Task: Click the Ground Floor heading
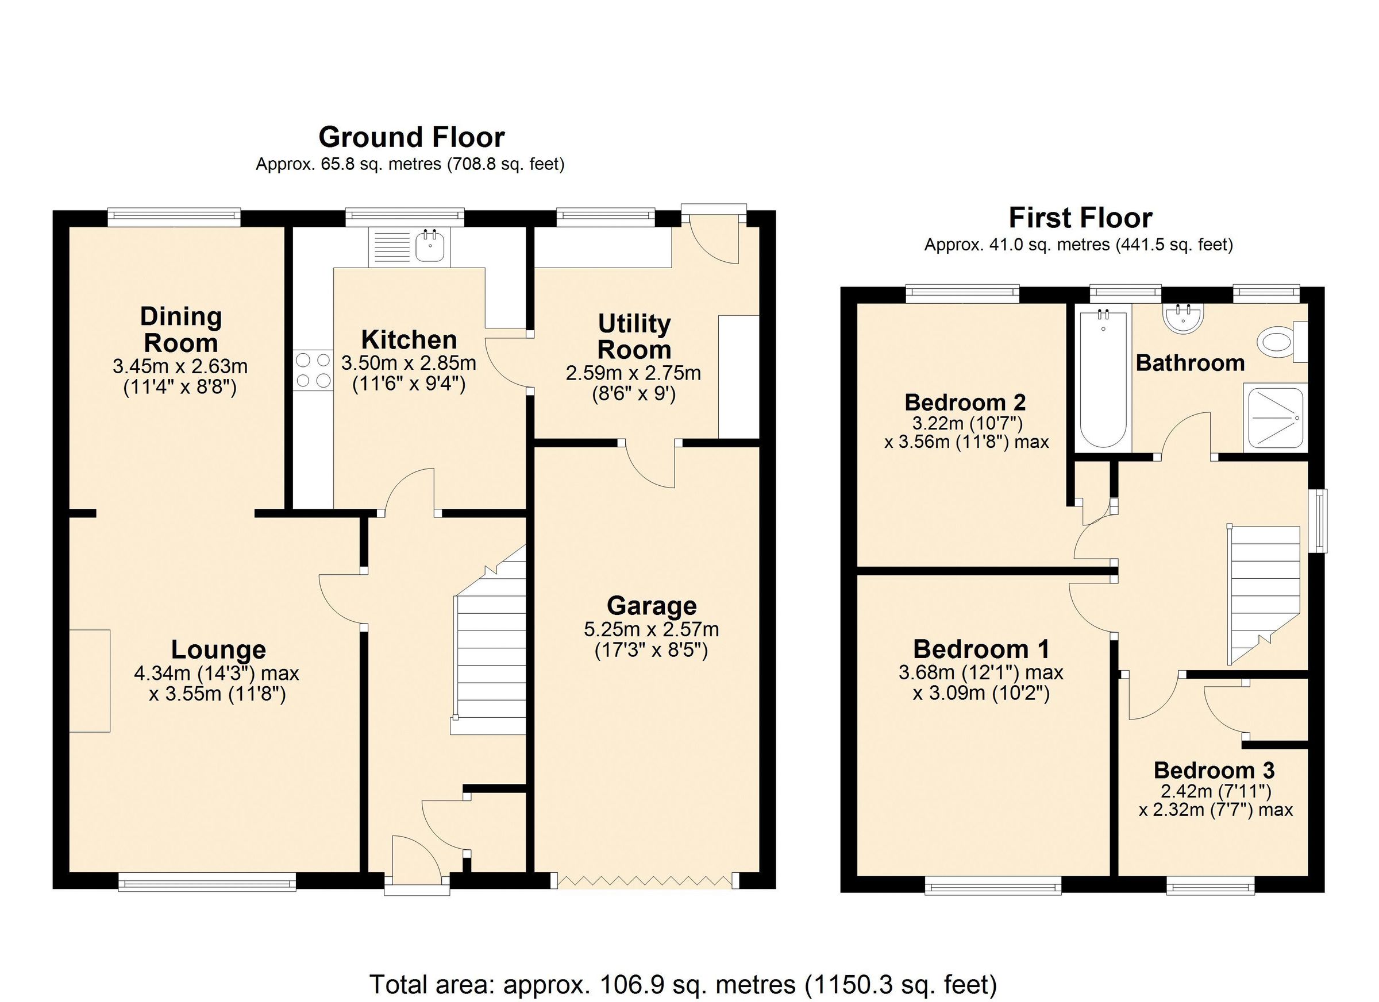point(411,137)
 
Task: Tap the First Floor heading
point(1080,218)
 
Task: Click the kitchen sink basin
point(430,247)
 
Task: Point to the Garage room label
point(651,606)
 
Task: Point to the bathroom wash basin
point(1182,318)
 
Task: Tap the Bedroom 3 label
point(1214,771)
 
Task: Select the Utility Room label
point(634,336)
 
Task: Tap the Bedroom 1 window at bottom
point(993,885)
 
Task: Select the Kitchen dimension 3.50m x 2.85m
point(409,363)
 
